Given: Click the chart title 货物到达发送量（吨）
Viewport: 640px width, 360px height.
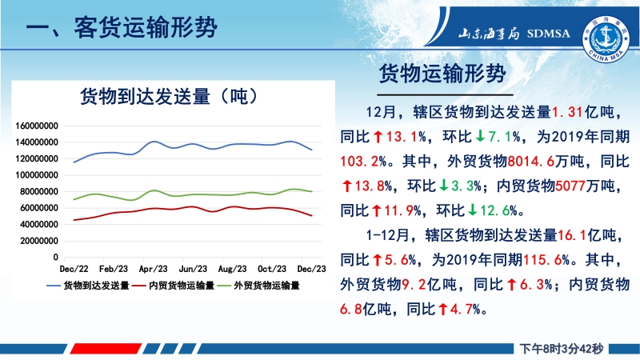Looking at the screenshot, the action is click(169, 97).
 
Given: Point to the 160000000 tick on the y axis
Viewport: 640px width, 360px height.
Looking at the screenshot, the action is click(37, 126).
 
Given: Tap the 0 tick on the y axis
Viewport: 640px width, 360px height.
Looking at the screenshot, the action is click(55, 257).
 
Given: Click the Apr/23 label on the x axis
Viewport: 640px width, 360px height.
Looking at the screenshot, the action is click(153, 269).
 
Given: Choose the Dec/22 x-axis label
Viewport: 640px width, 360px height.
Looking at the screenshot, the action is click(74, 269).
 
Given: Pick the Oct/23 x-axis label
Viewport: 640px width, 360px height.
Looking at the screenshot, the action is click(272, 269).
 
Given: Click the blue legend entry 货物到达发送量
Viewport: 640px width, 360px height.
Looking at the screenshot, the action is click(88, 286).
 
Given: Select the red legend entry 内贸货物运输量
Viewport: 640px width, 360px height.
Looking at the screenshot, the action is click(173, 286).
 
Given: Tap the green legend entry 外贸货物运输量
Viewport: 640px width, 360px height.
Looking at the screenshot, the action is click(258, 286).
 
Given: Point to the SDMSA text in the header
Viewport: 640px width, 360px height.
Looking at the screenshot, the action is click(548, 34).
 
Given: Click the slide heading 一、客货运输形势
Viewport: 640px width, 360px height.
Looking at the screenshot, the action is click(122, 28).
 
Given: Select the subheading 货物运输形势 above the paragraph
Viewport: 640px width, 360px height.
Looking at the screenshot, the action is click(442, 74).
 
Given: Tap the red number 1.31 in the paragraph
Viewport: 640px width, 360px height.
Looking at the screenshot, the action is click(567, 112).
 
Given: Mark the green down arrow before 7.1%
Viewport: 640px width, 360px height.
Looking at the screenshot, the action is click(481, 136).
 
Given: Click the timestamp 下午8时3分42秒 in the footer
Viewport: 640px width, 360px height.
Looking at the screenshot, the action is click(562, 349).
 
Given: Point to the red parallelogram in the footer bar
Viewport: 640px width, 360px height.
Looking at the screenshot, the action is click(106, 349).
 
